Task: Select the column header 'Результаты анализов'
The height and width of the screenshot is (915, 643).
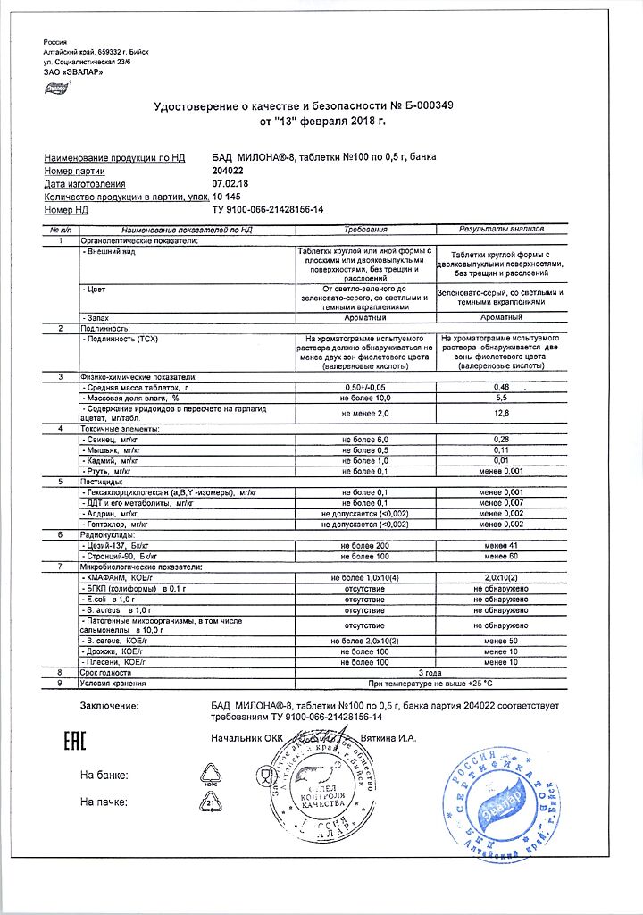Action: [x=501, y=230]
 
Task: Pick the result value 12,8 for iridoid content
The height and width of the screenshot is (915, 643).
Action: [x=501, y=413]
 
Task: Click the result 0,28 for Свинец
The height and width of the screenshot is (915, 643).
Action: [x=501, y=441]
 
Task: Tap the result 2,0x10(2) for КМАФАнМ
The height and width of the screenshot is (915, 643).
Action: [x=501, y=579]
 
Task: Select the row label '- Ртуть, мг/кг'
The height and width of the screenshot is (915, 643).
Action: [x=106, y=471]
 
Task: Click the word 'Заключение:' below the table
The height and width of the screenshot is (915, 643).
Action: [x=110, y=706]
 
